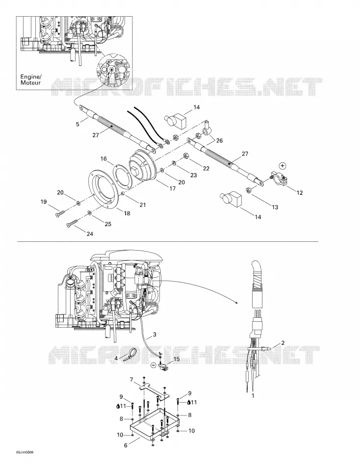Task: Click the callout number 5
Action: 78,124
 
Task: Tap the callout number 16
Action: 103,159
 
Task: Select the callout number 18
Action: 127,213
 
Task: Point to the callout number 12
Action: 300,193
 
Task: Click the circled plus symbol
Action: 283,165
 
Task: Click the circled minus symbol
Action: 153,365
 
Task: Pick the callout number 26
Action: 219,140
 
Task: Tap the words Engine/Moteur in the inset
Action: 30,79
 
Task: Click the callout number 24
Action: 90,234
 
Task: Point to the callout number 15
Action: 176,359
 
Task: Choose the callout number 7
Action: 131,380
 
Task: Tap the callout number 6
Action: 126,445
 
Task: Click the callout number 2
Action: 283,343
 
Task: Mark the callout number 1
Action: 253,395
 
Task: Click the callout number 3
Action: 154,335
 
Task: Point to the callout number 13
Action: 275,207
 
